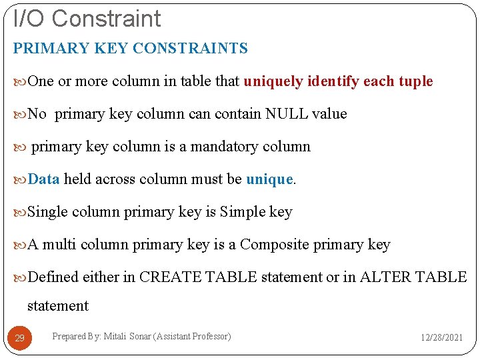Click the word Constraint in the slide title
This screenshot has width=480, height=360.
[106, 18]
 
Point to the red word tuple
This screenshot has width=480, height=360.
[415, 81]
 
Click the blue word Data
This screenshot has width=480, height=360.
[44, 179]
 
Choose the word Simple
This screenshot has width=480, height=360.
[243, 211]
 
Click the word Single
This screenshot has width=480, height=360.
[48, 211]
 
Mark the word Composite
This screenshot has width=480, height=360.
[273, 244]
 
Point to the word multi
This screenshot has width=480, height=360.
[60, 244]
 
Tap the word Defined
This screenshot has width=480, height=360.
[53, 277]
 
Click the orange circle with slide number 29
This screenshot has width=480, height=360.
[20, 338]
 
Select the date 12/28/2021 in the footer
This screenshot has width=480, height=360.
[441, 338]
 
